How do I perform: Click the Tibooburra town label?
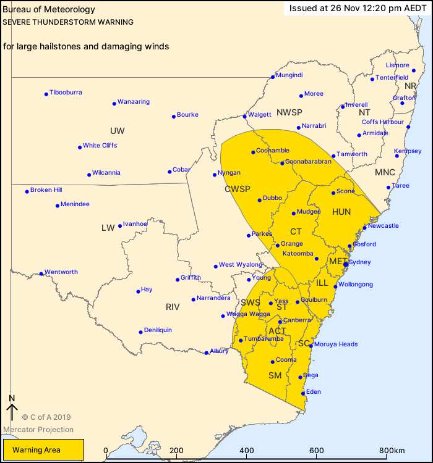click(x=66, y=93)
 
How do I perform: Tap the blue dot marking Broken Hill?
click(x=27, y=191)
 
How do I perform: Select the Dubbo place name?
click(x=272, y=198)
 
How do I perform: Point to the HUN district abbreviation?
click(x=341, y=212)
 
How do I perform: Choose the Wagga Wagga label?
click(x=249, y=314)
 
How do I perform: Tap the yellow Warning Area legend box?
click(x=43, y=450)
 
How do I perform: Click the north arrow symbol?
click(x=11, y=411)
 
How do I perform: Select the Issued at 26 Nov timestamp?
click(x=358, y=9)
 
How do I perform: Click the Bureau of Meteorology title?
click(x=49, y=10)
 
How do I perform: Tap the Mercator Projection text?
click(x=38, y=430)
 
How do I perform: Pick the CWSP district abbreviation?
click(x=236, y=190)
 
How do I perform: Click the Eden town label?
click(x=313, y=391)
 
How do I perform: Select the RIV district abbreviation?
click(x=172, y=306)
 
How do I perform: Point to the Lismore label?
click(x=397, y=65)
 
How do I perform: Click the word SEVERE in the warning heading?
click(x=17, y=22)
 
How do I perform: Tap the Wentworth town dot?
click(x=41, y=273)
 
